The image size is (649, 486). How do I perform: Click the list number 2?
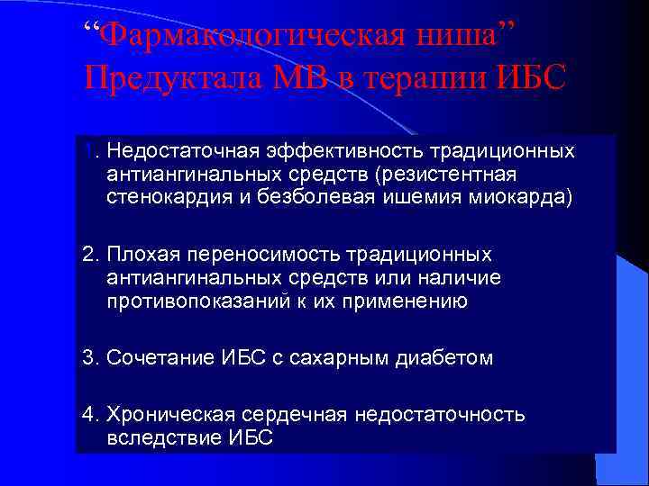[88, 255]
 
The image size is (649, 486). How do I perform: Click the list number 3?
[88, 358]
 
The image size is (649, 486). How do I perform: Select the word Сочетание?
[160, 358]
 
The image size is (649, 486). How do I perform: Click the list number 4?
[88, 415]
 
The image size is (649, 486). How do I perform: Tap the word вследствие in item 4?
[157, 438]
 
